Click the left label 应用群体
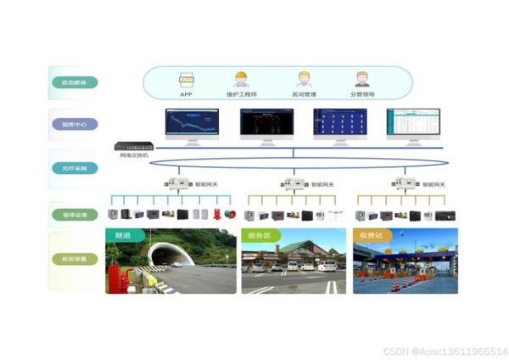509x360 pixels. [x=74, y=82]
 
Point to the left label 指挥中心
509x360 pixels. [x=74, y=124]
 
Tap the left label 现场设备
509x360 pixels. [x=74, y=215]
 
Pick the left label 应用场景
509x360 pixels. [x=74, y=258]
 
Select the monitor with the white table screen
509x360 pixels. [x=413, y=123]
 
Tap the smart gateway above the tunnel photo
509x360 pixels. [x=177, y=183]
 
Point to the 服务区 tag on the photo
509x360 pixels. [x=257, y=234]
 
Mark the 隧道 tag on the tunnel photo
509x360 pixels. [x=123, y=234]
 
